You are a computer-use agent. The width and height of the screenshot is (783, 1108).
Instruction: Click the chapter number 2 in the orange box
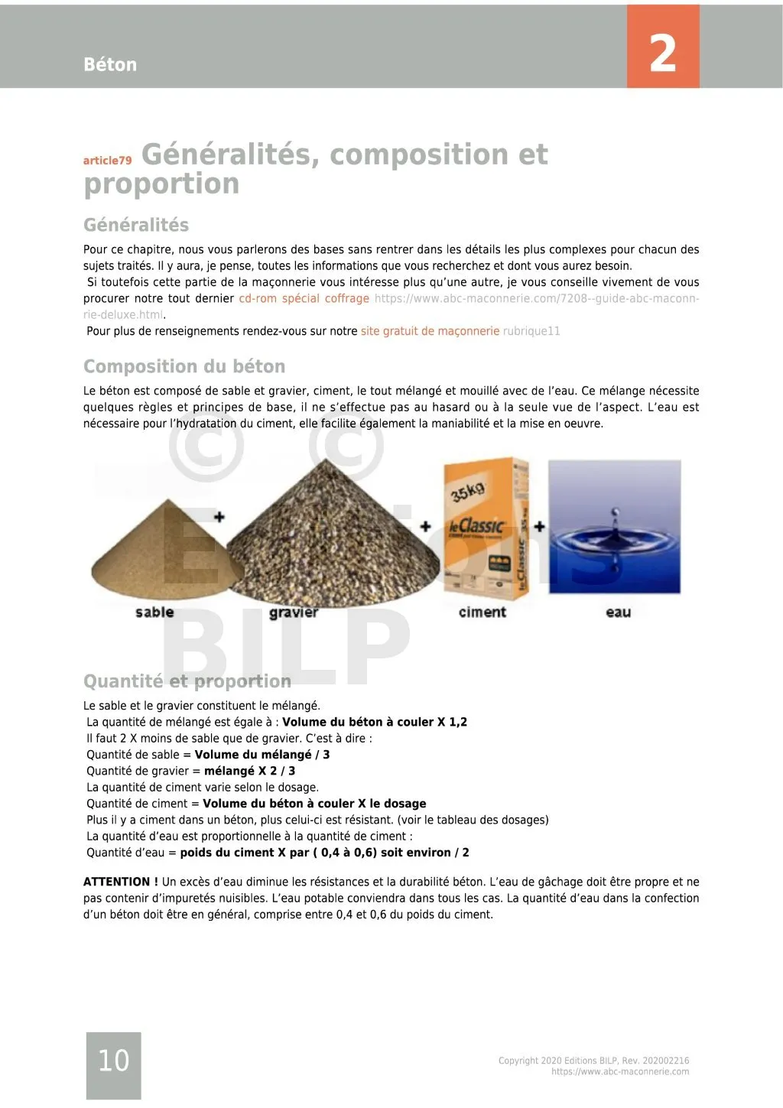662,54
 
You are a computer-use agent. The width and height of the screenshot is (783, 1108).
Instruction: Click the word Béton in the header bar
110,65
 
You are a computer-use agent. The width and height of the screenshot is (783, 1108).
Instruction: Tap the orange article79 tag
107,161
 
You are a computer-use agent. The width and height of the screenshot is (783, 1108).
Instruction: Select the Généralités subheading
136,225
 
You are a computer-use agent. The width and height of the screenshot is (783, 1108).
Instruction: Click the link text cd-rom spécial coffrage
304,298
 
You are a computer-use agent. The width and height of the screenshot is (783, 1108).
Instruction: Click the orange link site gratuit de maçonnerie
430,331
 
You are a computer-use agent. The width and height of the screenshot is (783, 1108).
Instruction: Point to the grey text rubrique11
531,331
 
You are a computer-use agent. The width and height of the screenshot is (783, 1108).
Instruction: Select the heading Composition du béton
184,366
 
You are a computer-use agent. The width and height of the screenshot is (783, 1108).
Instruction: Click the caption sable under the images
154,612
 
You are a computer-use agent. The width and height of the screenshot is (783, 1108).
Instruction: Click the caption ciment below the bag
482,612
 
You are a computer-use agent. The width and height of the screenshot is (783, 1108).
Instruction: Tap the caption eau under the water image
618,612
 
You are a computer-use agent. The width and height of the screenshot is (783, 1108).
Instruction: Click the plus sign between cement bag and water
539,526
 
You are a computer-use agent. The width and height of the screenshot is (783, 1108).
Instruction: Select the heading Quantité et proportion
187,681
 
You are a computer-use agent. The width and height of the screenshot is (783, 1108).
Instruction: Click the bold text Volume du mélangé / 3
262,755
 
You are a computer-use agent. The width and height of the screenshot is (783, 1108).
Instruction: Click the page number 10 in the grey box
113,1061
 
